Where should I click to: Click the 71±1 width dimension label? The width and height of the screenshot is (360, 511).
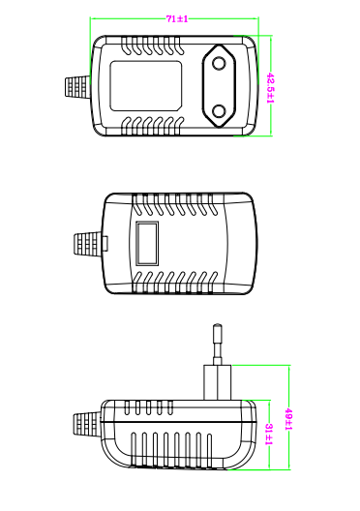[177, 19]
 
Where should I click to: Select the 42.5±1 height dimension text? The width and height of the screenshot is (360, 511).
[270, 88]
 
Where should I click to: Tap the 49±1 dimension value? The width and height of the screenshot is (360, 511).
[288, 419]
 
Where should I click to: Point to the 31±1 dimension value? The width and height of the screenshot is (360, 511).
[269, 435]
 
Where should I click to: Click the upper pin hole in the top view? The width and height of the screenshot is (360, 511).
[219, 63]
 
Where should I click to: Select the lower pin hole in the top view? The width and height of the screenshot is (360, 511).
[219, 111]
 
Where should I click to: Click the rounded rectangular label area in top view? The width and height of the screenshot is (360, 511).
[145, 86]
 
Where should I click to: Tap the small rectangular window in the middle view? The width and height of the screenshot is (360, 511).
[147, 244]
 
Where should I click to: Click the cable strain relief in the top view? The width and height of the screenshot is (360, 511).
[77, 87]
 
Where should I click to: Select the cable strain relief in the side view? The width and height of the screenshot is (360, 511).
[86, 424]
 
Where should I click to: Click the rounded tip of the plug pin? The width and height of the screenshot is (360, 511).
[218, 326]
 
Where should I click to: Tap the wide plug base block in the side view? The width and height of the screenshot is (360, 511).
[218, 382]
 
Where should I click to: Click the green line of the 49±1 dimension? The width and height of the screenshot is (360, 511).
[289, 417]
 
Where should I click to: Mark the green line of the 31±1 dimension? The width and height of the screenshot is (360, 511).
[269, 435]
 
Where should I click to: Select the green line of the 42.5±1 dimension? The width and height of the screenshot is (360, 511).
[271, 86]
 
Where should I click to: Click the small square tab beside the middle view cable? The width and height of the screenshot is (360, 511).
[105, 244]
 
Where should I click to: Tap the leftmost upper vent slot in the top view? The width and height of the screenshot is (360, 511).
[126, 45]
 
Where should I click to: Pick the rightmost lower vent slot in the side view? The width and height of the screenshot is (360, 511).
[209, 450]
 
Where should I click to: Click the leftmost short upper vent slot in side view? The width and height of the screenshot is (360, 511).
[127, 407]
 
